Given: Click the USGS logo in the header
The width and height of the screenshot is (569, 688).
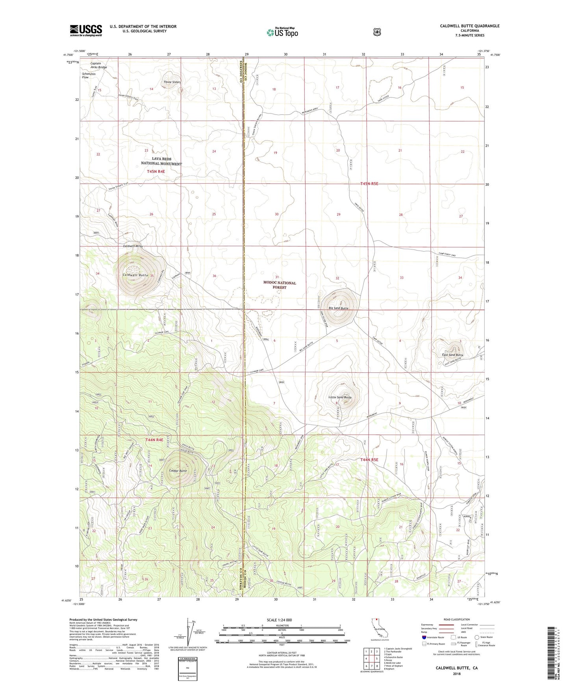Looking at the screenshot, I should pos(86,30).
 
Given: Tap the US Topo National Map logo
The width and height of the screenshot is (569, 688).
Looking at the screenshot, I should pos(282,32).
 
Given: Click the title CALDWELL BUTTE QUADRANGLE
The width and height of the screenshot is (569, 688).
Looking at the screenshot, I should pos(469,26).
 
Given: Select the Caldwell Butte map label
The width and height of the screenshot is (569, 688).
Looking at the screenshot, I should pos(135,275).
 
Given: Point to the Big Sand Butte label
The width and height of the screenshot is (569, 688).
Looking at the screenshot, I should pos(338,308).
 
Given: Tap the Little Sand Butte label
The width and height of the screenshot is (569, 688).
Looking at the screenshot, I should pos(340,398).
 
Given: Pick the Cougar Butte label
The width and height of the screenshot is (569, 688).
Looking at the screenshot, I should pos(178,471).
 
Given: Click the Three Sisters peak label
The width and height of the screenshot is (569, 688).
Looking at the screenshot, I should pos(172,82).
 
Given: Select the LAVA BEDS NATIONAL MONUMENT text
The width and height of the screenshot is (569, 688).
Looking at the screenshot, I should pos(161,161).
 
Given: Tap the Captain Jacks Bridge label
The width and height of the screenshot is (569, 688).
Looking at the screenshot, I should pos(98,65).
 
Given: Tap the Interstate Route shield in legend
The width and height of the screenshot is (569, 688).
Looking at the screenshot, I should pos(424,637).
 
